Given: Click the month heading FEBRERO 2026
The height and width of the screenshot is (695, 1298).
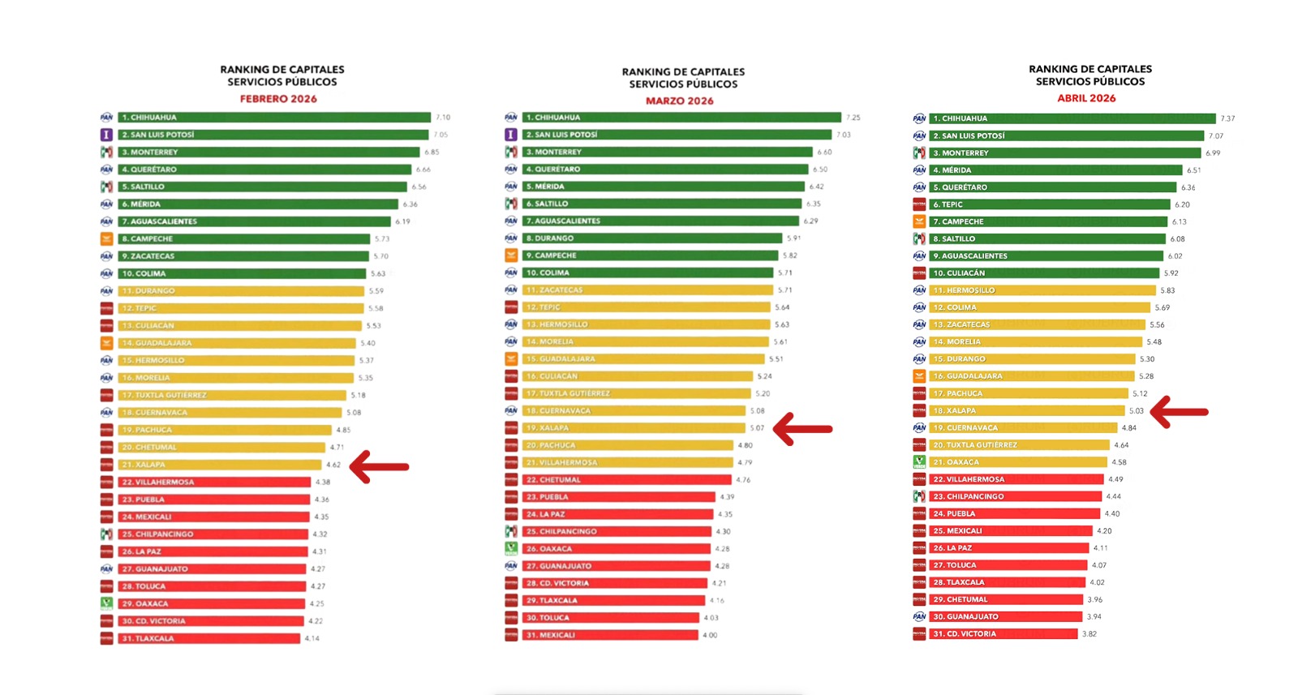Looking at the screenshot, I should click(278, 99).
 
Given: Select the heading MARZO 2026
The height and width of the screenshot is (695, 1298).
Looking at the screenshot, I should click(680, 101).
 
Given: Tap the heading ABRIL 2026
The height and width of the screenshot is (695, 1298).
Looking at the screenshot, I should click(1086, 98).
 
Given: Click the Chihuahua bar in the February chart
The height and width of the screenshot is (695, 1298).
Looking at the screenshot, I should click(274, 118).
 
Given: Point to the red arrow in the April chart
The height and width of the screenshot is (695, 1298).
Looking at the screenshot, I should click(1180, 412).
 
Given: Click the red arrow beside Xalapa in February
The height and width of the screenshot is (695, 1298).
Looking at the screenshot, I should click(380, 466).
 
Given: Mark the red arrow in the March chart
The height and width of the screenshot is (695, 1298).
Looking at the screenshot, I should click(802, 429).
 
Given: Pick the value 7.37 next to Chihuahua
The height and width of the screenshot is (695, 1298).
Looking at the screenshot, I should click(1227, 118).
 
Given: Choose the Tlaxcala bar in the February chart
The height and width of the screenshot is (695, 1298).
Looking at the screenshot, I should click(209, 638).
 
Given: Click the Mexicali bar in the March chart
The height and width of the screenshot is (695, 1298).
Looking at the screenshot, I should click(610, 635).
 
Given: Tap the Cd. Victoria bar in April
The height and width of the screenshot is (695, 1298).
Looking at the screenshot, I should click(1003, 634).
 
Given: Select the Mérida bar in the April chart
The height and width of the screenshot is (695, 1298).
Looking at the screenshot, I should click(1055, 170).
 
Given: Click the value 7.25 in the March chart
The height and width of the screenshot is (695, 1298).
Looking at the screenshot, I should click(853, 118).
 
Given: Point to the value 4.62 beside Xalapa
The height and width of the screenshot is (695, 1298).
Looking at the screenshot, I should click(333, 465).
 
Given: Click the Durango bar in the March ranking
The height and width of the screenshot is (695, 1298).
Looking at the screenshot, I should click(652, 238).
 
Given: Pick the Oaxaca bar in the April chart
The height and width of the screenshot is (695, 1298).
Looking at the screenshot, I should click(1018, 462).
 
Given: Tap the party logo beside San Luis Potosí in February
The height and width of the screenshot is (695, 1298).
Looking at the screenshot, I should click(106, 135).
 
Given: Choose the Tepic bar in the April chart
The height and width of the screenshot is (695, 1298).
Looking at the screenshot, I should click(1050, 204).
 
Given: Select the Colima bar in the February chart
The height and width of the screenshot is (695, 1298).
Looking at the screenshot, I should click(242, 273).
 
